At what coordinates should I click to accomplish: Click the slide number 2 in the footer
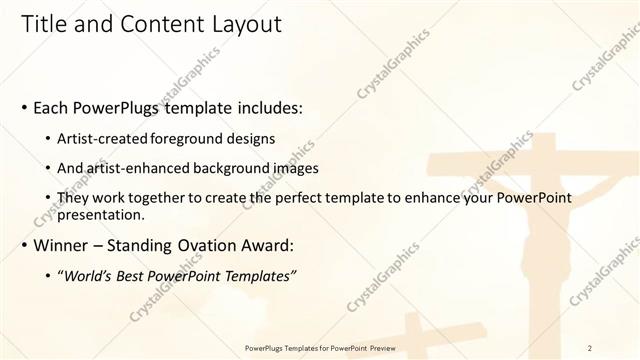[x=590, y=347]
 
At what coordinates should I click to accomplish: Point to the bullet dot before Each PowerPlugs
[x=24, y=107]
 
